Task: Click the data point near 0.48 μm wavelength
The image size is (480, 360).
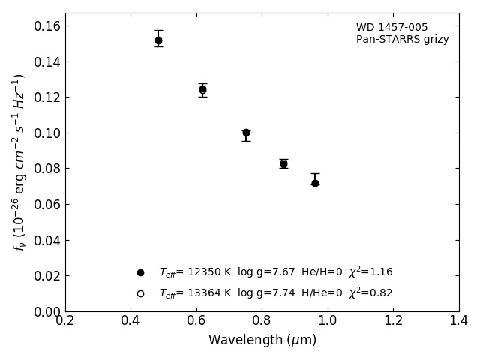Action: (158, 40)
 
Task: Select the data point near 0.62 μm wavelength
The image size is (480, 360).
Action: (202, 89)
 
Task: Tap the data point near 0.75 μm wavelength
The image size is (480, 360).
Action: (246, 133)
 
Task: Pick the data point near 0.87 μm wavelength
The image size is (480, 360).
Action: (283, 163)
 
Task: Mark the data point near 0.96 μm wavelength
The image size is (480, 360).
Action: (315, 183)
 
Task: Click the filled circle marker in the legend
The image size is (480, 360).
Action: (140, 272)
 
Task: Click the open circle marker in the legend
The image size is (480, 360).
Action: (140, 293)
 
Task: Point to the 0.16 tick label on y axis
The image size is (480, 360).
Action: (47, 26)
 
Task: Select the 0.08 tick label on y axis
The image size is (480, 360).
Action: (47, 169)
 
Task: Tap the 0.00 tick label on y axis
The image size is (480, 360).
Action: (47, 311)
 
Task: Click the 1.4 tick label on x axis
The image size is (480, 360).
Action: (459, 321)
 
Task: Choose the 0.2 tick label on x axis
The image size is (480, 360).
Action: (65, 321)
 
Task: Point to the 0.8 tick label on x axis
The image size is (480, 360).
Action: (262, 321)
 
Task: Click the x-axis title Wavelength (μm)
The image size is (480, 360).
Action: (262, 340)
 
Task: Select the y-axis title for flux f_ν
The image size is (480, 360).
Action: (19, 161)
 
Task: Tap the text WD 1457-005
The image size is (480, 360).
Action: (391, 28)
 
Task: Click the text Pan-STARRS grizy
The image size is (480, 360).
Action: (402, 40)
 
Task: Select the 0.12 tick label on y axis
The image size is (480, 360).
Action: (47, 97)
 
